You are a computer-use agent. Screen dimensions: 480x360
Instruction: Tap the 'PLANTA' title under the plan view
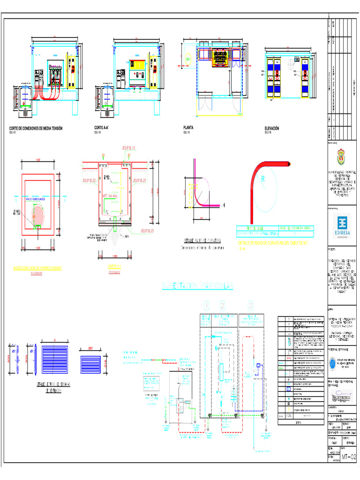tap(188, 127)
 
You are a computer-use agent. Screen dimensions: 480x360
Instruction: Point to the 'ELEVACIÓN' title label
tap(272, 128)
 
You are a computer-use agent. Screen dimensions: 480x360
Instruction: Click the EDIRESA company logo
tap(342, 223)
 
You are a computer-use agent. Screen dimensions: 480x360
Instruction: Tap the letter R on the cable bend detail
tap(263, 179)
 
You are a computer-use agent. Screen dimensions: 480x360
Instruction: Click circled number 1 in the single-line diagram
tap(206, 306)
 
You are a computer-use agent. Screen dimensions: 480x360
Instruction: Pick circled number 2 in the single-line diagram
tap(222, 306)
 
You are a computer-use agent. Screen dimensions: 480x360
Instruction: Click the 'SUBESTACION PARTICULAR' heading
tap(197, 285)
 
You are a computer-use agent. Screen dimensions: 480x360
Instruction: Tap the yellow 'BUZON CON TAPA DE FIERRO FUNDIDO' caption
tap(40, 268)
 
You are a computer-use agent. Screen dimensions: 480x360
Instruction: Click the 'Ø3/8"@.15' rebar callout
tap(129, 148)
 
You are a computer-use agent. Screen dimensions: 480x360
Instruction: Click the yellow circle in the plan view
tap(188, 60)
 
